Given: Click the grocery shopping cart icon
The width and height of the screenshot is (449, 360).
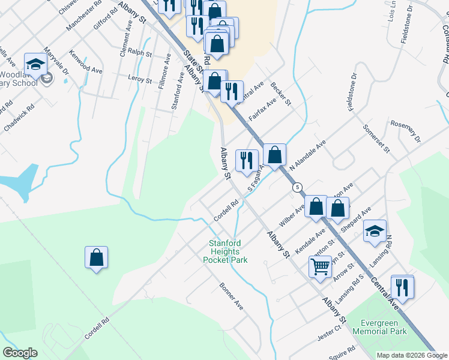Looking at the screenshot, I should (321, 265).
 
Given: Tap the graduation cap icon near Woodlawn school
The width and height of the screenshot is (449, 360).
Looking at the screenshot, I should (35, 64).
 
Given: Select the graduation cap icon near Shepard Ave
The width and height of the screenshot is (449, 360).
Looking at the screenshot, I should (375, 231).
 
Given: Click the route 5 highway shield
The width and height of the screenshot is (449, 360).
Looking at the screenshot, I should (297, 187).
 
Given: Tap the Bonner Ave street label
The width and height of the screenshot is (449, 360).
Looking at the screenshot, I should (231, 296).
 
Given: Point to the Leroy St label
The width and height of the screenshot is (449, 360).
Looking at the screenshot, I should (140, 77).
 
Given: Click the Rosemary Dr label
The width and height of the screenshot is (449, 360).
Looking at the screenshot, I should (406, 133).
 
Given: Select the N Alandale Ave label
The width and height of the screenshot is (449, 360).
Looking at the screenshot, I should (307, 156).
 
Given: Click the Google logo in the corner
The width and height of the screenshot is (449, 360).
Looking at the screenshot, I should (20, 353).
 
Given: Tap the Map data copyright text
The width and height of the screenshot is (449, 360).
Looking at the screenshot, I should (412, 355).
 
